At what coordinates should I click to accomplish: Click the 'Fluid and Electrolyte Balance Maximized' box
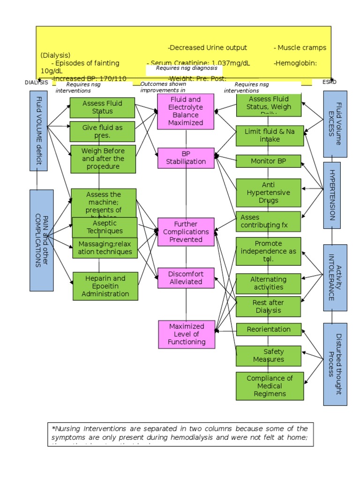point(186,111)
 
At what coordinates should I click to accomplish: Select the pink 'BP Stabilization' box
point(186,158)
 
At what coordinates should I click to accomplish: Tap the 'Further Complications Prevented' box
point(186,232)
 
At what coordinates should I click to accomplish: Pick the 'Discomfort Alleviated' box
point(186,278)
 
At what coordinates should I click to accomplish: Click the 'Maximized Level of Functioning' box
point(187,334)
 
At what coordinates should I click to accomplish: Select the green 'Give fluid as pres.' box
point(102,131)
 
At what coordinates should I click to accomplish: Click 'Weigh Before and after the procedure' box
point(103,159)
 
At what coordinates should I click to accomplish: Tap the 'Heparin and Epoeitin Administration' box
point(105,286)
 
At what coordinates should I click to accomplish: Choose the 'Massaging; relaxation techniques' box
point(105,248)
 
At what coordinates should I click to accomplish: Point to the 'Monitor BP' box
point(268,161)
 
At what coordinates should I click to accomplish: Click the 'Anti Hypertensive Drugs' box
point(268,193)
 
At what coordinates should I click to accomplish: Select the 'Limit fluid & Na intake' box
point(269,135)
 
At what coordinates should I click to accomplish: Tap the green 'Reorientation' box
point(268,330)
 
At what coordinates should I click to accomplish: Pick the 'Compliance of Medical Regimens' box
point(270,386)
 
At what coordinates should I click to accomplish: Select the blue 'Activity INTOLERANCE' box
point(335,277)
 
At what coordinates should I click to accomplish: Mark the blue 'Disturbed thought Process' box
point(335,364)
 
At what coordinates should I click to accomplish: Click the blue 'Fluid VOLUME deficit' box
point(39,130)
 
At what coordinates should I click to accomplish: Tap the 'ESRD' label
point(330,82)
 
